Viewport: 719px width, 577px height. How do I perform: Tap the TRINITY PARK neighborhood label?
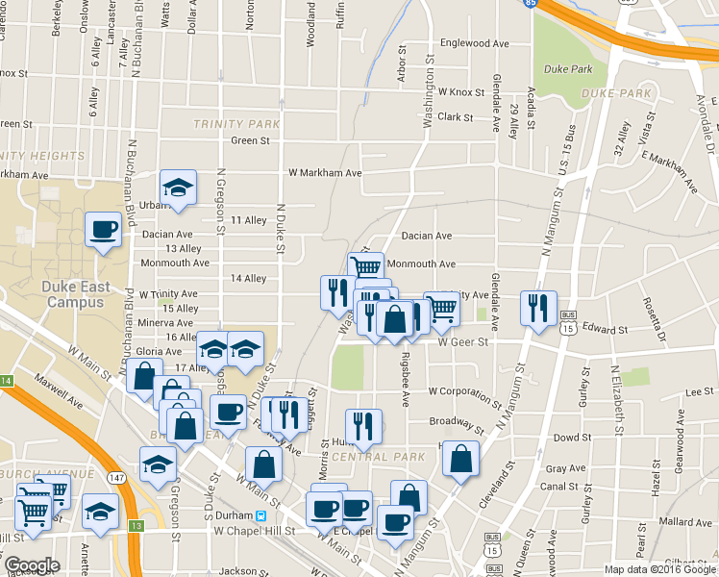coord(236,124)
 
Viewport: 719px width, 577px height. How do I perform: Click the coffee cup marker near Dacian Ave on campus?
coord(103,230)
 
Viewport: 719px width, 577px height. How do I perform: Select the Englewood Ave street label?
coord(474,43)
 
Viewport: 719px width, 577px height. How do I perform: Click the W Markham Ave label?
coord(325,173)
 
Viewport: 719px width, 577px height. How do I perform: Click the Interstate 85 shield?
coord(558,4)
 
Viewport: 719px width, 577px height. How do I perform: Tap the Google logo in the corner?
coord(32,565)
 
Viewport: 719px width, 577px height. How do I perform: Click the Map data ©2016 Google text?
coord(660,568)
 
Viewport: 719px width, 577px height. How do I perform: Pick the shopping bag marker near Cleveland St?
coord(460,459)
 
